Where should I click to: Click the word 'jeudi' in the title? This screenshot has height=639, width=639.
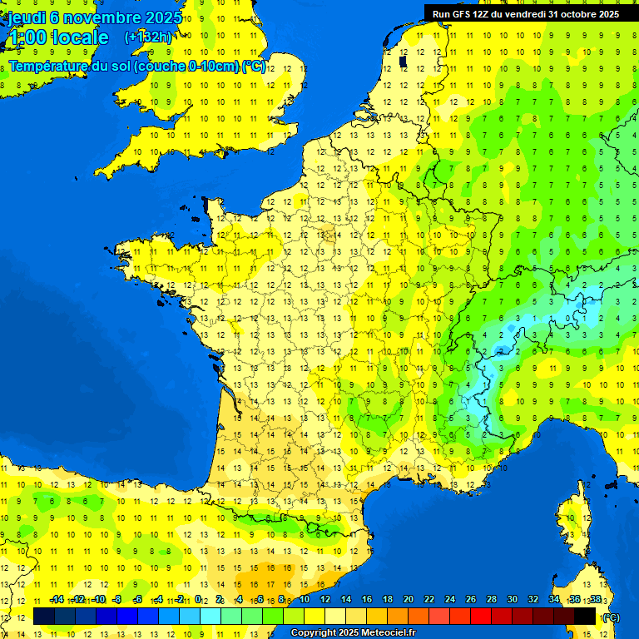coord(27,17)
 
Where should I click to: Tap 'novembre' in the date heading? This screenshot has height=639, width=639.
coord(102,17)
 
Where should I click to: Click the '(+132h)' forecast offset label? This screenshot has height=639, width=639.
coord(147,37)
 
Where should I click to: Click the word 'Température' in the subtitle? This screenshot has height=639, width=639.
coord(50,66)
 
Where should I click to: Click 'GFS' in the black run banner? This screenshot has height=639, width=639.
coord(463,14)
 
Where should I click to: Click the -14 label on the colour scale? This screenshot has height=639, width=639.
coord(57,600)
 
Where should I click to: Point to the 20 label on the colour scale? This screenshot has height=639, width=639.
coord(409,600)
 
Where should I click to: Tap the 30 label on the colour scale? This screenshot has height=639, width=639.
coord(513,600)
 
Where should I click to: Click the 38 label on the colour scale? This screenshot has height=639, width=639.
coord(595,600)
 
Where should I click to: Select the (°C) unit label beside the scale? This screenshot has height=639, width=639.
coord(611,617)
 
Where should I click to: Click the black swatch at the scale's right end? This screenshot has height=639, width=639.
coord(585,616)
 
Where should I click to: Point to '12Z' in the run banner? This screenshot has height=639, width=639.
coord(485,14)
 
